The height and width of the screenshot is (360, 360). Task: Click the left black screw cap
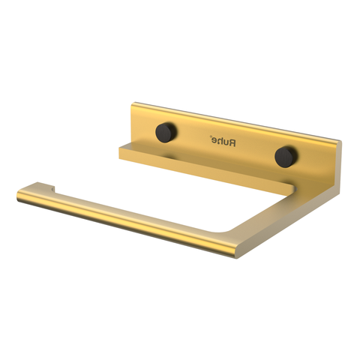(163, 132)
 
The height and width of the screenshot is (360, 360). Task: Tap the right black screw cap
(283, 155)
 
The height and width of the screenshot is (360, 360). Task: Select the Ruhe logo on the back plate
(223, 140)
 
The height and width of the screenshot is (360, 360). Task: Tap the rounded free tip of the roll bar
(19, 193)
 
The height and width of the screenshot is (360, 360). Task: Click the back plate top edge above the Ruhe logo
(225, 121)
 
